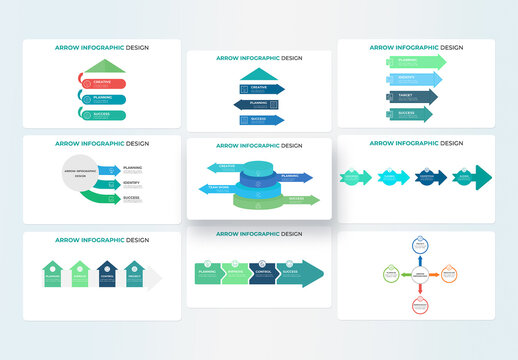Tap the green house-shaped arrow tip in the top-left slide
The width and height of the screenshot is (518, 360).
pyautogui.click(x=99, y=67)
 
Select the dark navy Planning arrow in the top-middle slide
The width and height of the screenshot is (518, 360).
pyautogui.click(x=258, y=104)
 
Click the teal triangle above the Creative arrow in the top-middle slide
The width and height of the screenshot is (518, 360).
pyautogui.click(x=258, y=75)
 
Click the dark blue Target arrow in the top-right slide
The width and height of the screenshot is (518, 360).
pyautogui.click(x=411, y=97)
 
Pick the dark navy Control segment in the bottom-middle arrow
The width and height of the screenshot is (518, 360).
pyautogui.click(x=263, y=272)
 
